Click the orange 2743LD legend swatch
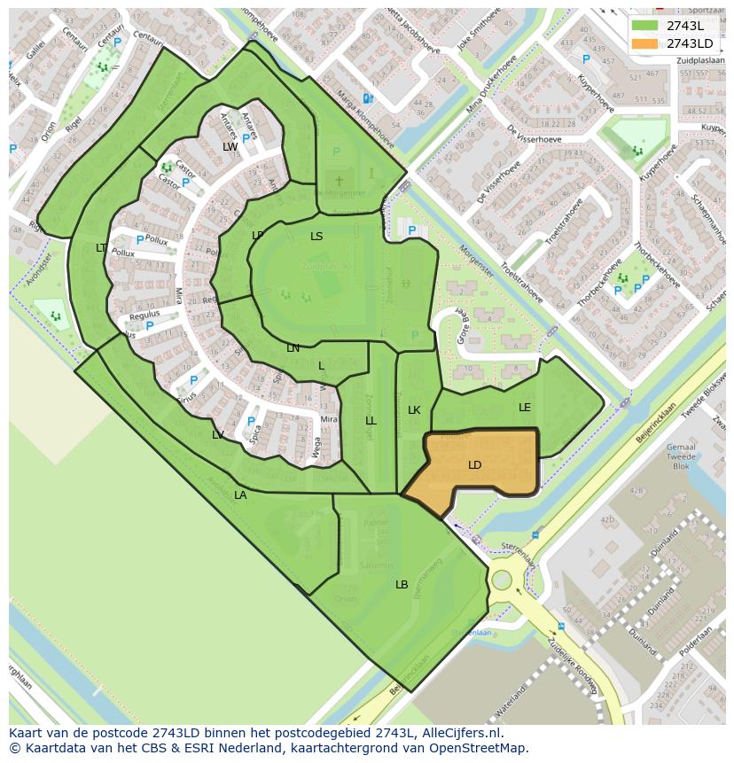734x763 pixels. (x=646, y=43)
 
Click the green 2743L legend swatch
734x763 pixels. (x=646, y=26)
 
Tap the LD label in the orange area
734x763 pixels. (x=475, y=465)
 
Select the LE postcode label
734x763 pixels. (x=525, y=408)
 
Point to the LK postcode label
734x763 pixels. (x=414, y=410)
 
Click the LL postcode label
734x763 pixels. (x=371, y=421)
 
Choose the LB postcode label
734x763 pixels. (x=402, y=585)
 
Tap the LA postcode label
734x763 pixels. (x=240, y=495)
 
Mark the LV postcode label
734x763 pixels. (x=218, y=435)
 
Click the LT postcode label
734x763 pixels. (x=101, y=248)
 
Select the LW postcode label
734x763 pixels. (x=230, y=147)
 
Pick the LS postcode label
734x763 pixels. (x=316, y=237)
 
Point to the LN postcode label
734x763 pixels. (x=293, y=348)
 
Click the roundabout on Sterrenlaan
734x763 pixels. (x=502, y=580)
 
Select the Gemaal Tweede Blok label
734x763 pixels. (x=681, y=456)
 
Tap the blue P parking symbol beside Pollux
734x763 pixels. (x=139, y=239)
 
